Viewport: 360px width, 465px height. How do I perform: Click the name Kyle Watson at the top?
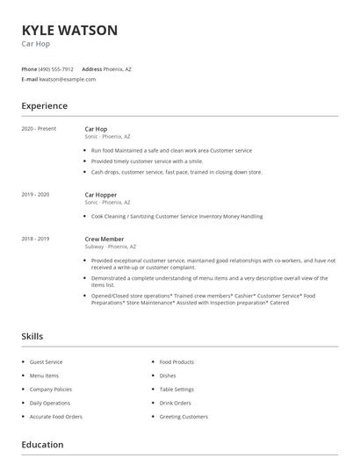tap(69, 31)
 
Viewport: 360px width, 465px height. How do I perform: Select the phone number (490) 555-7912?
tap(57, 68)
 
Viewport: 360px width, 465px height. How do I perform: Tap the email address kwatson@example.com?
tap(68, 79)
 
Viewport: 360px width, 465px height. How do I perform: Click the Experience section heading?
tap(45, 106)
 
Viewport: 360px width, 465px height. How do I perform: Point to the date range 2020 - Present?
tap(39, 129)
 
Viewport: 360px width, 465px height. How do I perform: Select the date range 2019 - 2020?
tap(35, 194)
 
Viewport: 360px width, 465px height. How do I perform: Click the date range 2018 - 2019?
tap(35, 239)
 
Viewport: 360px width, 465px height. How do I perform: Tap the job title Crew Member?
tap(104, 239)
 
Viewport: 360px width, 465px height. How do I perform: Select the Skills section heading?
tap(32, 336)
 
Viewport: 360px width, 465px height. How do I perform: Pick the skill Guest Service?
tap(47, 361)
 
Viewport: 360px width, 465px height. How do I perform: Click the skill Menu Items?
tap(45, 376)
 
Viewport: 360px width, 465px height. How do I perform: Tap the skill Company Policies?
tap(51, 389)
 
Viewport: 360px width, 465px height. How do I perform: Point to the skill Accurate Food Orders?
tap(56, 417)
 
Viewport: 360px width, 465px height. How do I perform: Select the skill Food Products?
tap(176, 361)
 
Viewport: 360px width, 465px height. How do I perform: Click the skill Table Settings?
tap(176, 389)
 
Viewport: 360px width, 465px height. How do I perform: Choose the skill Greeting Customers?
tap(184, 417)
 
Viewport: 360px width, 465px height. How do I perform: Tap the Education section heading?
tap(41, 445)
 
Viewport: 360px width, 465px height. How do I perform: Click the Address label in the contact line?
tap(91, 68)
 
